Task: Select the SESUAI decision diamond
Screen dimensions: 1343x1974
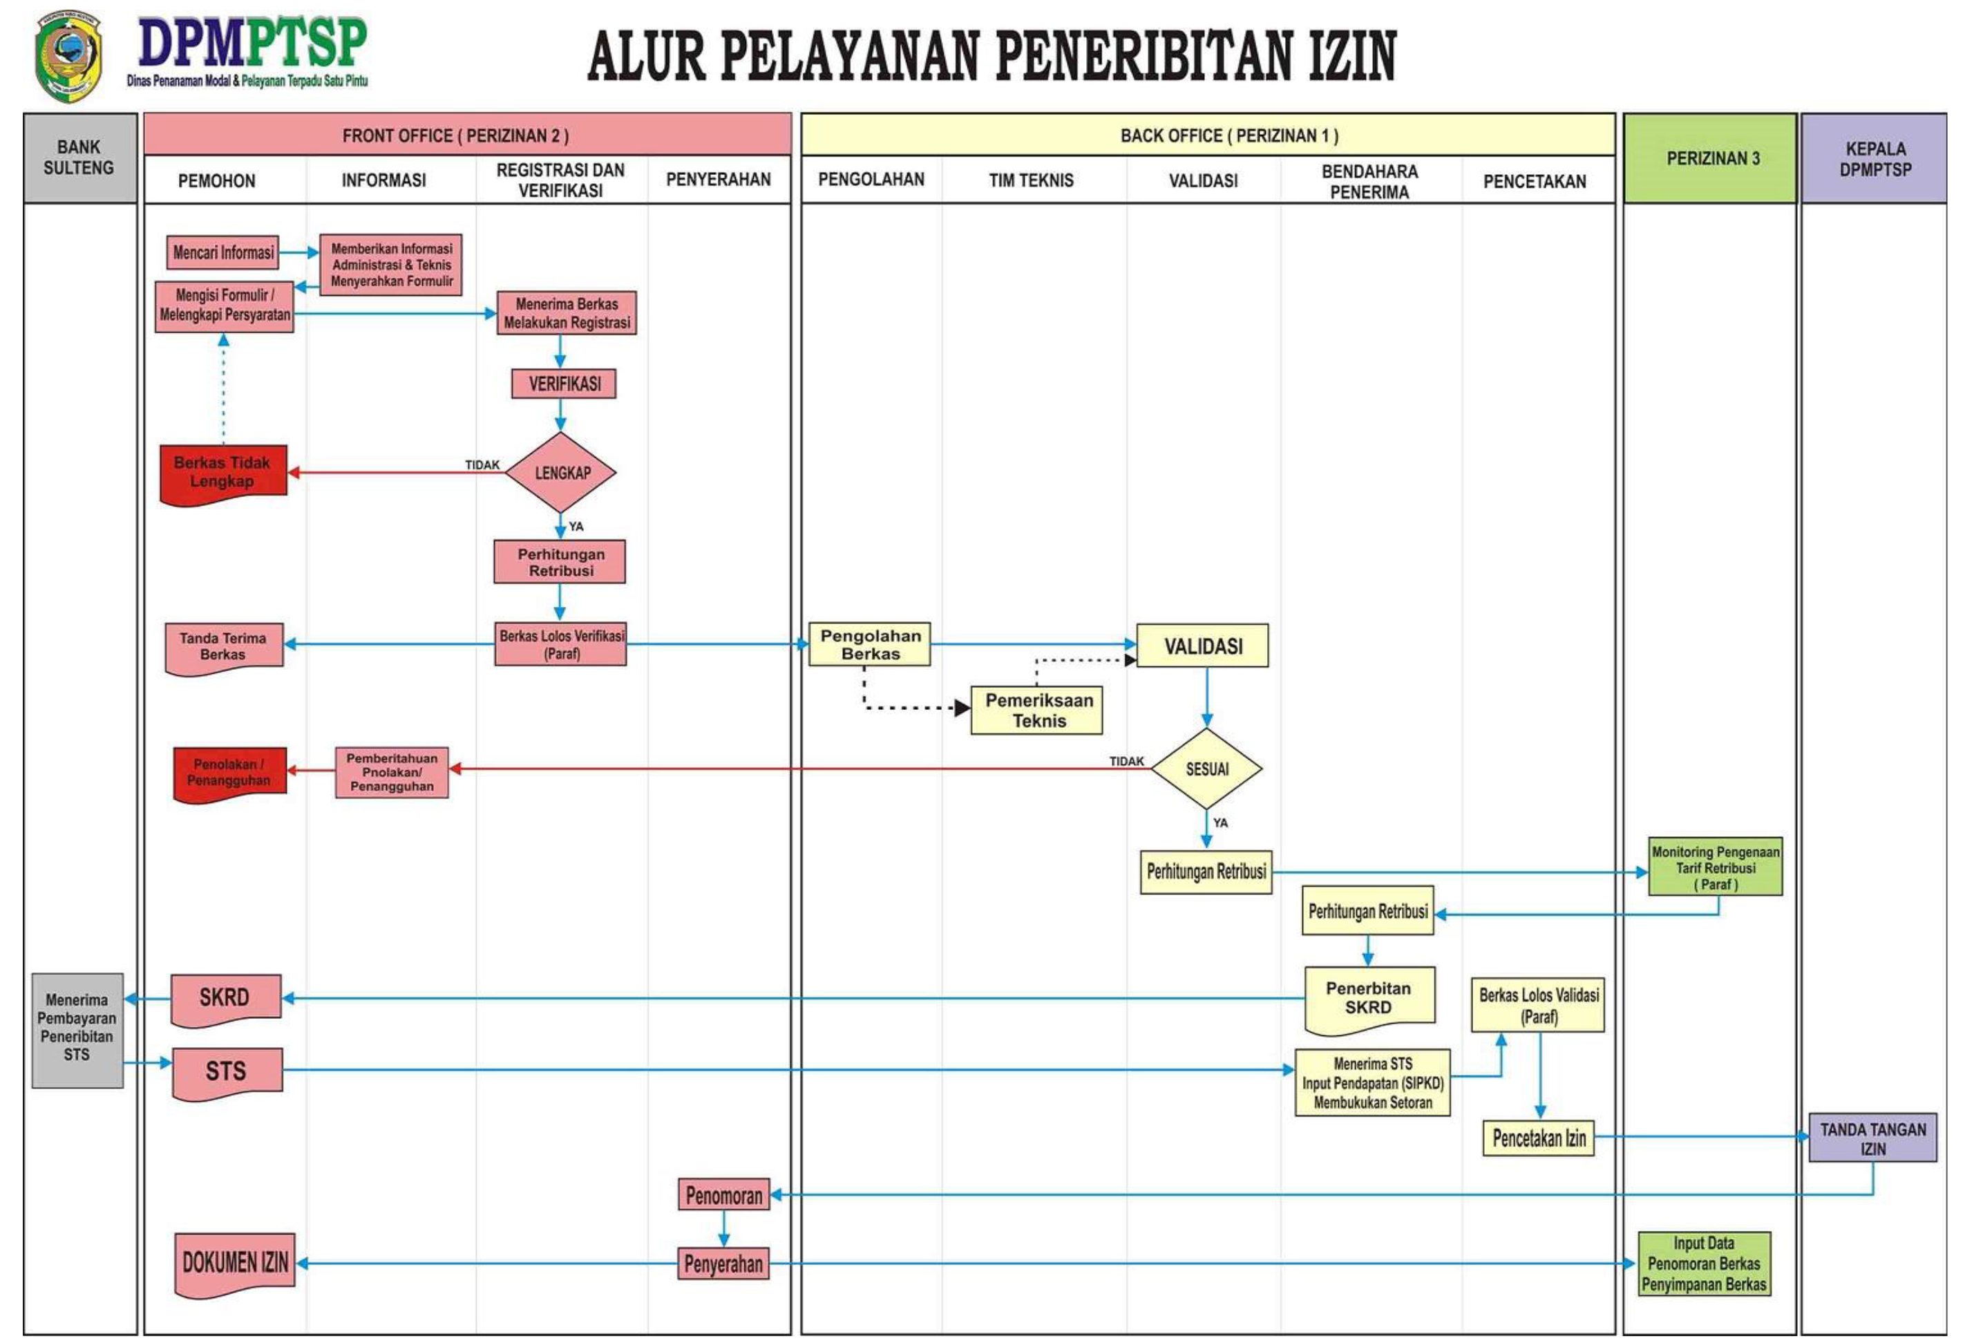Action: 1206,769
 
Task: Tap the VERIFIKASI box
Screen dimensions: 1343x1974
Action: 563,384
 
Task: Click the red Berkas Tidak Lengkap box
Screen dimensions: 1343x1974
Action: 222,472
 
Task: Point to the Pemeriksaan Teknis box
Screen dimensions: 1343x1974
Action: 1036,710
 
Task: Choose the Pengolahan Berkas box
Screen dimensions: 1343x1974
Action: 870,645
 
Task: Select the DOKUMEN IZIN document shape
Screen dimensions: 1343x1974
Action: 236,1263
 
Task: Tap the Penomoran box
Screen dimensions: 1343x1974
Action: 723,1195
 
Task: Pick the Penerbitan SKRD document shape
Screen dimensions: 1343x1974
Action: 1368,998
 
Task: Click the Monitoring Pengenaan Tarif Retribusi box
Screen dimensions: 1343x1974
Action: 1715,867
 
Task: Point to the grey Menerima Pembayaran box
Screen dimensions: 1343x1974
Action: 77,1030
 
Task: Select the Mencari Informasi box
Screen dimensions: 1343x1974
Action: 222,252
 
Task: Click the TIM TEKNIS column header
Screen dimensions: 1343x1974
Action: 1030,180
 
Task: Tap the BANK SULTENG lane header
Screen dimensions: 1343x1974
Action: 79,158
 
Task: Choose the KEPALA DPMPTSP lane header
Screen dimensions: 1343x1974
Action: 1875,159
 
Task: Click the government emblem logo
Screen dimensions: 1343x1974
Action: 68,56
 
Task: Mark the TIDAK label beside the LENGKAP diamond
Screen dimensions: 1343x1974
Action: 482,464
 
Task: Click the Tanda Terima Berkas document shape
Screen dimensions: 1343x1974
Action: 223,646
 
